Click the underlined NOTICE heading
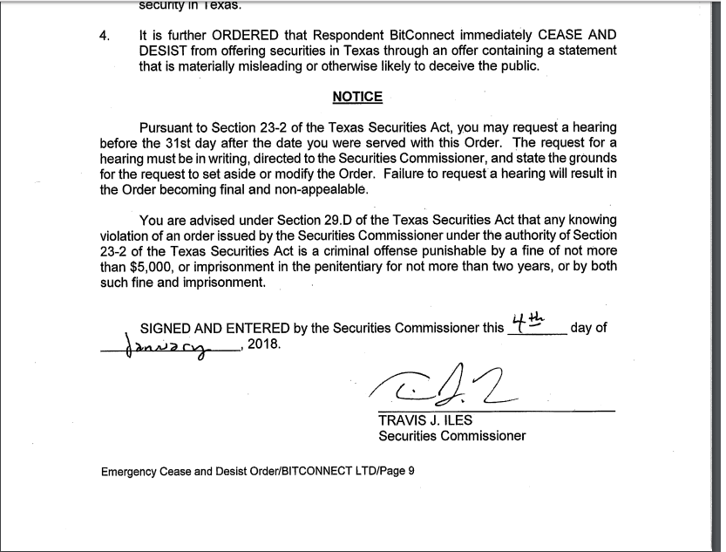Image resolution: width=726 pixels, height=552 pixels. pyautogui.click(x=357, y=97)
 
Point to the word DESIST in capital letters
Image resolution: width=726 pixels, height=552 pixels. pyautogui.click(x=162, y=51)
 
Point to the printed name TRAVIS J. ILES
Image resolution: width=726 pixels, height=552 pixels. pyautogui.click(x=425, y=420)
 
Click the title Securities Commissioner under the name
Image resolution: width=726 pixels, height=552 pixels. pyautogui.click(x=452, y=435)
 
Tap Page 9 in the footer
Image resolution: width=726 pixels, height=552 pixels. pyautogui.click(x=398, y=472)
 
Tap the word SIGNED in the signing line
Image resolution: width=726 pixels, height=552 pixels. pyautogui.click(x=166, y=329)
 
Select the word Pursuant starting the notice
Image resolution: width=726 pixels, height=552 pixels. pyautogui.click(x=169, y=126)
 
